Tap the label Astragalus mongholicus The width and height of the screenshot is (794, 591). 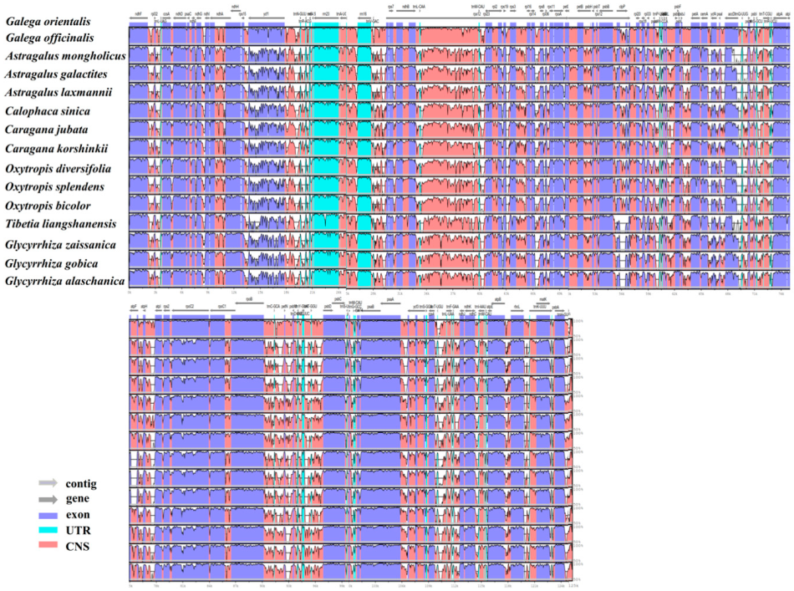[x=65, y=56]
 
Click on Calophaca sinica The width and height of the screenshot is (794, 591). [x=47, y=110]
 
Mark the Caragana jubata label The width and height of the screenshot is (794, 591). [x=46, y=130]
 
